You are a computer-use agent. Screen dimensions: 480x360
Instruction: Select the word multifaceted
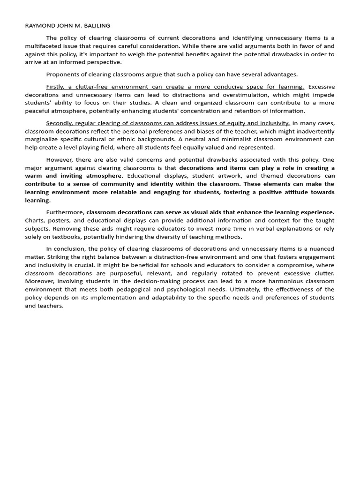click(x=43, y=46)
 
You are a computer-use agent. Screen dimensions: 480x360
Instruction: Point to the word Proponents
click(x=62, y=74)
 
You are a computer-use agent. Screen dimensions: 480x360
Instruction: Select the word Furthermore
click(x=65, y=212)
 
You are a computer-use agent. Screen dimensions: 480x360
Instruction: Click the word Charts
click(x=34, y=220)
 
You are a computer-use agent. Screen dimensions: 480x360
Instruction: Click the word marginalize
click(x=45, y=139)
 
